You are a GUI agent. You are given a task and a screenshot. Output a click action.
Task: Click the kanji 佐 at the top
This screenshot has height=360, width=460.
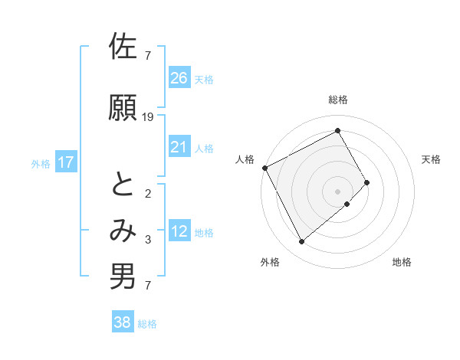(x=123, y=47)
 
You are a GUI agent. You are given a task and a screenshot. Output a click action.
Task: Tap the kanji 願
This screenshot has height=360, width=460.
(x=123, y=108)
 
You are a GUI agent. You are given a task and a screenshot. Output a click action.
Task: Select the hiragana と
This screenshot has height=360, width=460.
(x=123, y=184)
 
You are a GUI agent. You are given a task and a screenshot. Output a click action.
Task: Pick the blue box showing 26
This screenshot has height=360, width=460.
(x=179, y=78)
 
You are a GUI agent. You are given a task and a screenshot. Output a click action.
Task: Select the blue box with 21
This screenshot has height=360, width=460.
(x=179, y=147)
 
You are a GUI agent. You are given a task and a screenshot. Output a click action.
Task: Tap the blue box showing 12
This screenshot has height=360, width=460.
(x=179, y=232)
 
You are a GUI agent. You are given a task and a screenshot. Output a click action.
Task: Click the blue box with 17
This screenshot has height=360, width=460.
(x=65, y=162)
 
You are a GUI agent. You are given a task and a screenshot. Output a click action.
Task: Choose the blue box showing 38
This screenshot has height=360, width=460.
(x=123, y=323)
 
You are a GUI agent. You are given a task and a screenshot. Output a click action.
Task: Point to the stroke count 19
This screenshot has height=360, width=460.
(x=148, y=117)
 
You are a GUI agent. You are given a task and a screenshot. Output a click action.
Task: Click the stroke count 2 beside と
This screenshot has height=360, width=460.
(x=147, y=193)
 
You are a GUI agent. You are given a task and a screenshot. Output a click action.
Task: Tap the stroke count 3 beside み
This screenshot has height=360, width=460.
(x=147, y=240)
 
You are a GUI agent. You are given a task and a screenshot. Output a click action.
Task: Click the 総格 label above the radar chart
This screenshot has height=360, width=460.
(x=337, y=100)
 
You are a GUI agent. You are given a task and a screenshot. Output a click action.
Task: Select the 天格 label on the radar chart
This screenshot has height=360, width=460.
(x=431, y=159)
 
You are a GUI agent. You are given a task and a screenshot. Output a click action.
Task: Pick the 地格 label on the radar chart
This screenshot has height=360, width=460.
(x=402, y=262)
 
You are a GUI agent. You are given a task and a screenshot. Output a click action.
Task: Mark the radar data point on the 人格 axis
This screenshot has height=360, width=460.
(x=264, y=168)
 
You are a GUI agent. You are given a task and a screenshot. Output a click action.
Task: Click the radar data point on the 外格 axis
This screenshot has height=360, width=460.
(x=301, y=242)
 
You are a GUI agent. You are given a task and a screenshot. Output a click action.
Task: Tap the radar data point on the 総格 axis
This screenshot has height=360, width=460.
(x=337, y=130)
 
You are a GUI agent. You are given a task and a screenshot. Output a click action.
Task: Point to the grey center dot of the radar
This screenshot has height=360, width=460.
(x=337, y=191)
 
